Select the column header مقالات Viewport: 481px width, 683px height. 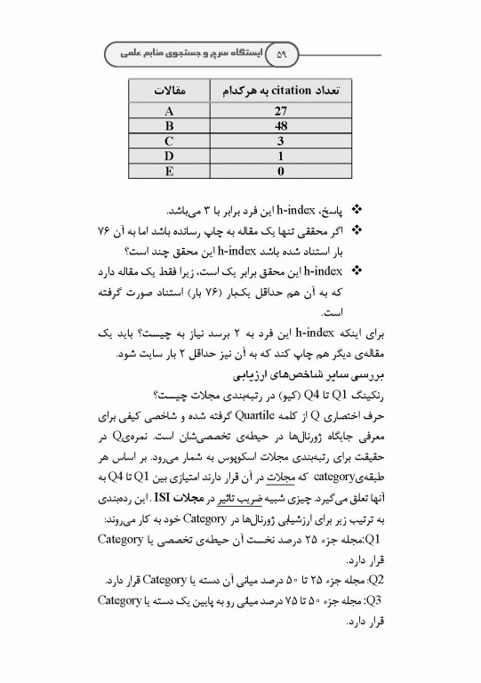(x=169, y=91)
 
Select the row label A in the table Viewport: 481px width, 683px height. (x=169, y=111)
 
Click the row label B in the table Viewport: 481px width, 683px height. (x=169, y=126)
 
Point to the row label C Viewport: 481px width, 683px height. (x=169, y=141)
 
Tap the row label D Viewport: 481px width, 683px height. (x=169, y=156)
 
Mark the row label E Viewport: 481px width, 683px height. (x=169, y=170)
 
